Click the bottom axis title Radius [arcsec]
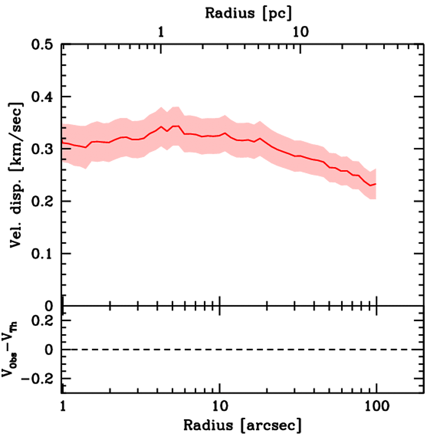[242, 425]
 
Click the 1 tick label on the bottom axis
[63, 405]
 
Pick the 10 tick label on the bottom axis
[220, 405]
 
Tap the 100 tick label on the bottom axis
[376, 405]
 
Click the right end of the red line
[376, 184]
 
